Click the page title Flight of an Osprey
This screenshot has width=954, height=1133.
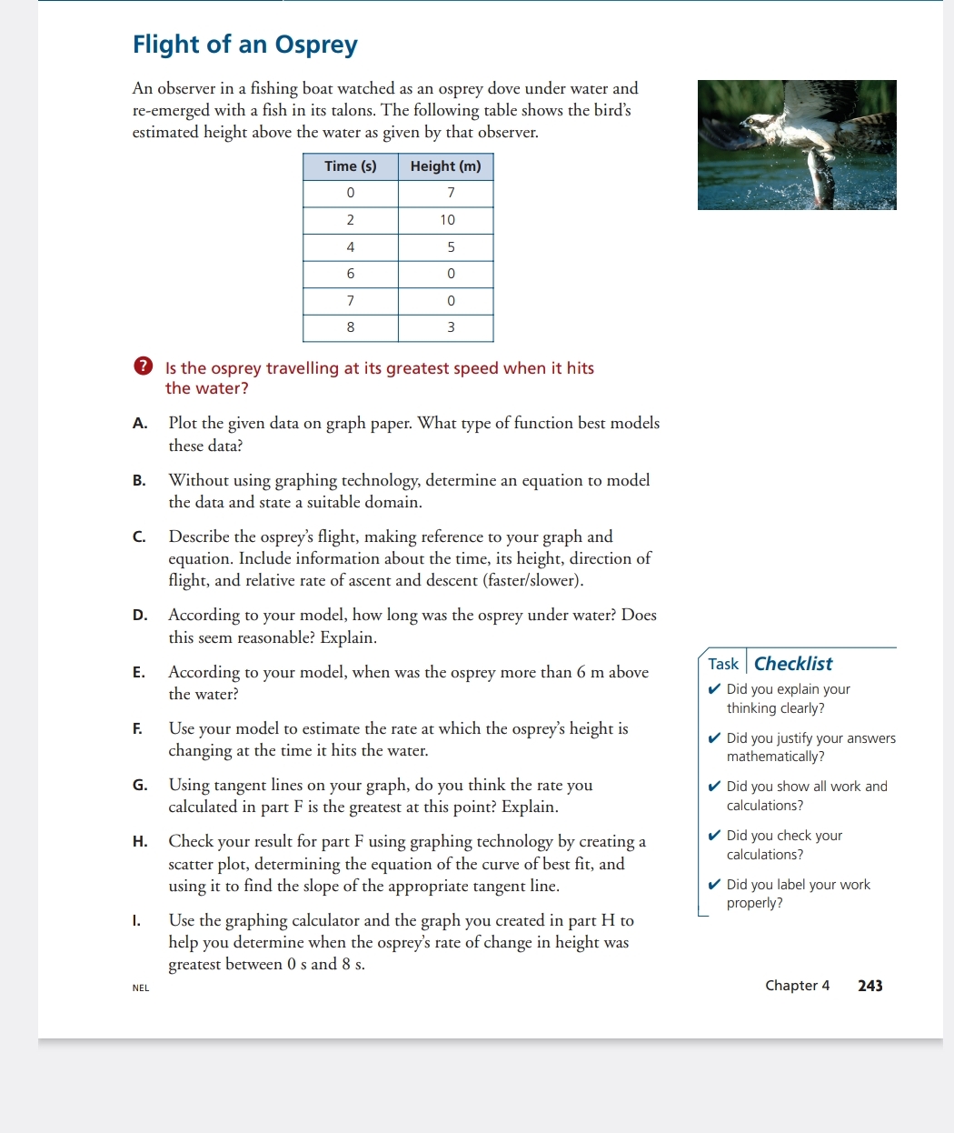coord(245,45)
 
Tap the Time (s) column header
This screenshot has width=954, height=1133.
coord(350,166)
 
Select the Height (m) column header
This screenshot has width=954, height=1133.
coord(445,166)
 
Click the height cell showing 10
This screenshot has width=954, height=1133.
coord(446,220)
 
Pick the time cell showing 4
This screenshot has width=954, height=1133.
coord(350,247)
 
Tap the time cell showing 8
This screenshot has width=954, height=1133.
coord(350,327)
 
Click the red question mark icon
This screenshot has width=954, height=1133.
coord(143,366)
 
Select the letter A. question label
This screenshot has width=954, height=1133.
coord(140,423)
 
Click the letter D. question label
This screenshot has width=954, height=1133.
coord(140,616)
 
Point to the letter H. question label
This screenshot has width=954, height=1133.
coord(140,842)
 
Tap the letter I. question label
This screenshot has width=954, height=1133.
coord(136,921)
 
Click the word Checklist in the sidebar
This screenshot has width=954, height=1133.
coord(792,664)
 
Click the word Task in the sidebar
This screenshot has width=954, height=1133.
coord(723,664)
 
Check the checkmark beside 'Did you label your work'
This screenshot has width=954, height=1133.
coord(714,885)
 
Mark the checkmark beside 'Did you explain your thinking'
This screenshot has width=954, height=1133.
coord(714,689)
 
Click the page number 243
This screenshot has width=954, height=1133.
coord(870,986)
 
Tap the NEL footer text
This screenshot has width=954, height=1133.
coord(141,988)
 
